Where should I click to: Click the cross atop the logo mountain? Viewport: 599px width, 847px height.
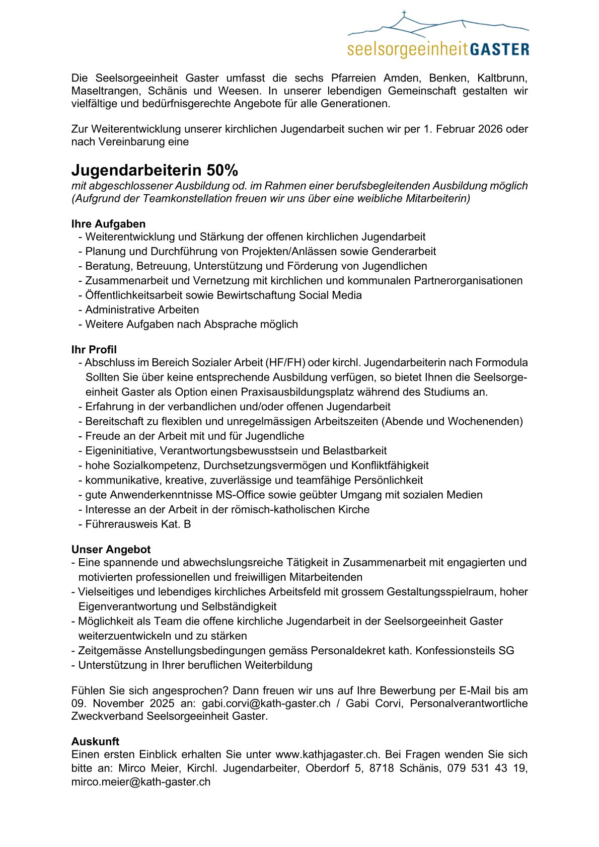(x=404, y=14)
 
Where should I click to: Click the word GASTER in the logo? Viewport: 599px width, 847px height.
(x=499, y=49)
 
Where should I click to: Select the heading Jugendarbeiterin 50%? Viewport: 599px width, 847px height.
(x=155, y=170)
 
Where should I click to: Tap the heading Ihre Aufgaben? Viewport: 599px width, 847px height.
(x=108, y=224)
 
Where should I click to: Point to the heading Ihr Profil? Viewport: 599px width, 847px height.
(x=94, y=350)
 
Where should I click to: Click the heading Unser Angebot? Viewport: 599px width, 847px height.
(x=111, y=550)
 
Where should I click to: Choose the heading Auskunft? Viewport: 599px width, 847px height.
(x=95, y=741)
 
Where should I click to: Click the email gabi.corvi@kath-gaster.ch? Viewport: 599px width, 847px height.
(x=266, y=704)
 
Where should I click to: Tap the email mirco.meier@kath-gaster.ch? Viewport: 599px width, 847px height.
(x=141, y=782)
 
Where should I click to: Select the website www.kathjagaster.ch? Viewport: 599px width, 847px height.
(x=327, y=754)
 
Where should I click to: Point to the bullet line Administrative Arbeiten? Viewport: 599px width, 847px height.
(x=142, y=310)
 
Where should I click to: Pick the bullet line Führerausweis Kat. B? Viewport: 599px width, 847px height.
(x=138, y=524)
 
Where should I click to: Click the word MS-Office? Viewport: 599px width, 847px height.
(x=244, y=495)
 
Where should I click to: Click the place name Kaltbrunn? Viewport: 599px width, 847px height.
(x=502, y=79)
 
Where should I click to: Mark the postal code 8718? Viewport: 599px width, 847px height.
(x=381, y=768)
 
